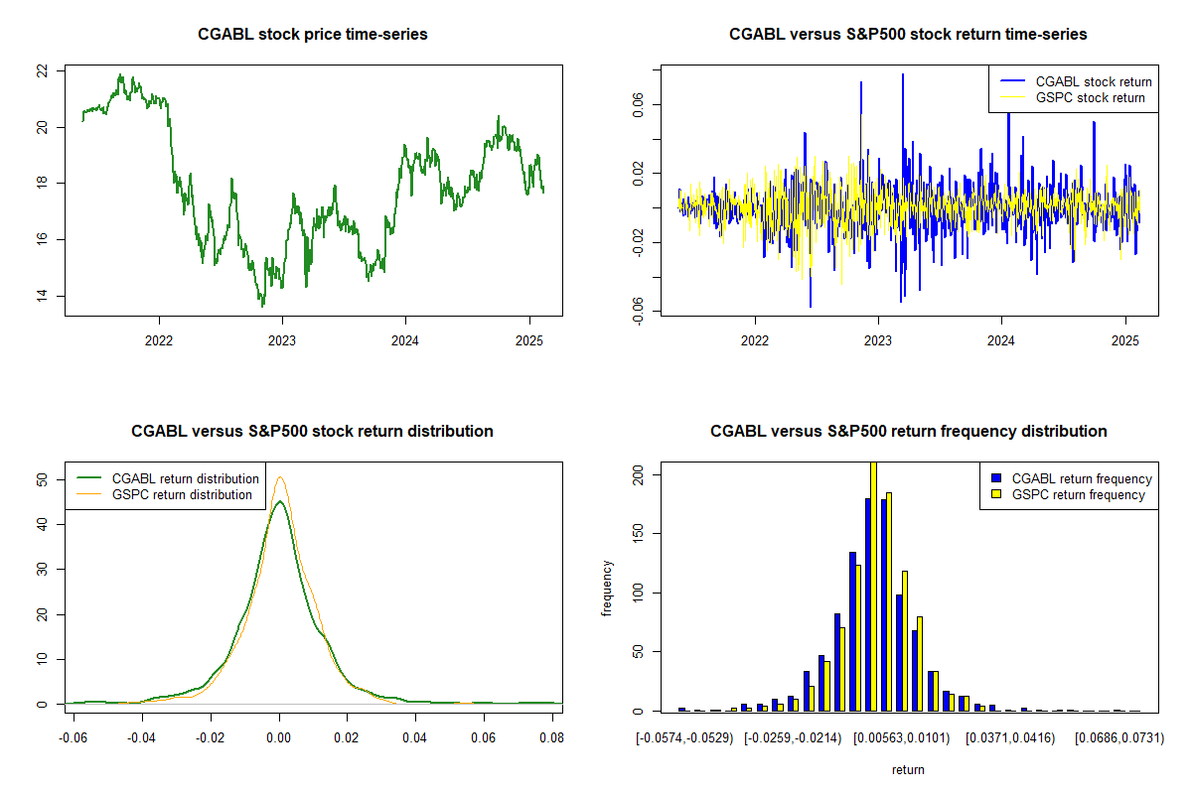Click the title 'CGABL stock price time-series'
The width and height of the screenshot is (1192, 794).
313,35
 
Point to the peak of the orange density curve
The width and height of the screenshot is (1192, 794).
280,477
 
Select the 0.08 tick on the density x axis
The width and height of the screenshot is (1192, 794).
551,738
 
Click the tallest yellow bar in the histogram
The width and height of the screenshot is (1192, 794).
873,586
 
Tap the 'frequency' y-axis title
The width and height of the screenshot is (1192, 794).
607,588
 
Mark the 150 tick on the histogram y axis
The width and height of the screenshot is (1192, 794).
637,534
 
